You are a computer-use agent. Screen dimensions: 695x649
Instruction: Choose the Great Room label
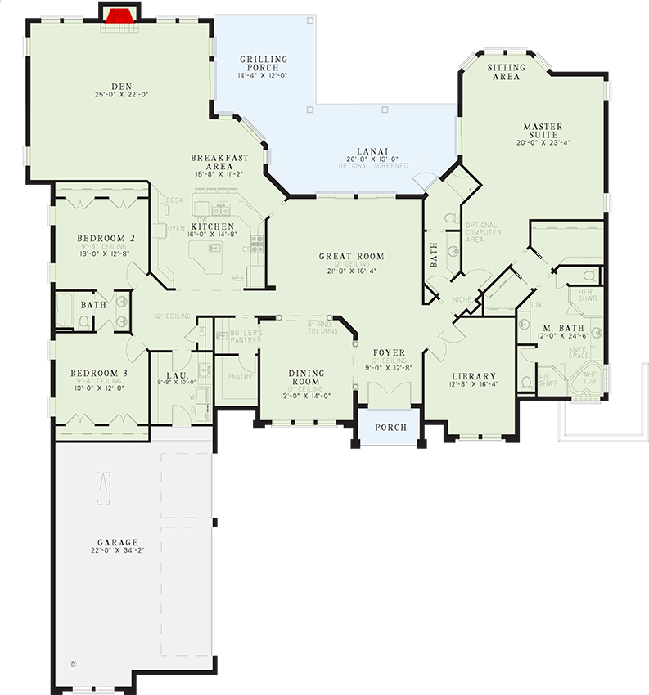[x=352, y=256]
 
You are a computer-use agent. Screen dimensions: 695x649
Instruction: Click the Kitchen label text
[x=213, y=226]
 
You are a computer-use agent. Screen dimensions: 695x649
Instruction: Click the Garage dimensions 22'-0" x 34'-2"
[x=117, y=551]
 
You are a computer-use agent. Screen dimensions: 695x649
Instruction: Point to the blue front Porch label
[x=390, y=428]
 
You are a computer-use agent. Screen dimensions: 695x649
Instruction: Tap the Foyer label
[x=389, y=353]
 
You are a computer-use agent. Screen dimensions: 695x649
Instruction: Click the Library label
[x=474, y=377]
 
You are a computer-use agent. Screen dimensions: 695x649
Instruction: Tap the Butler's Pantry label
[x=244, y=336]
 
